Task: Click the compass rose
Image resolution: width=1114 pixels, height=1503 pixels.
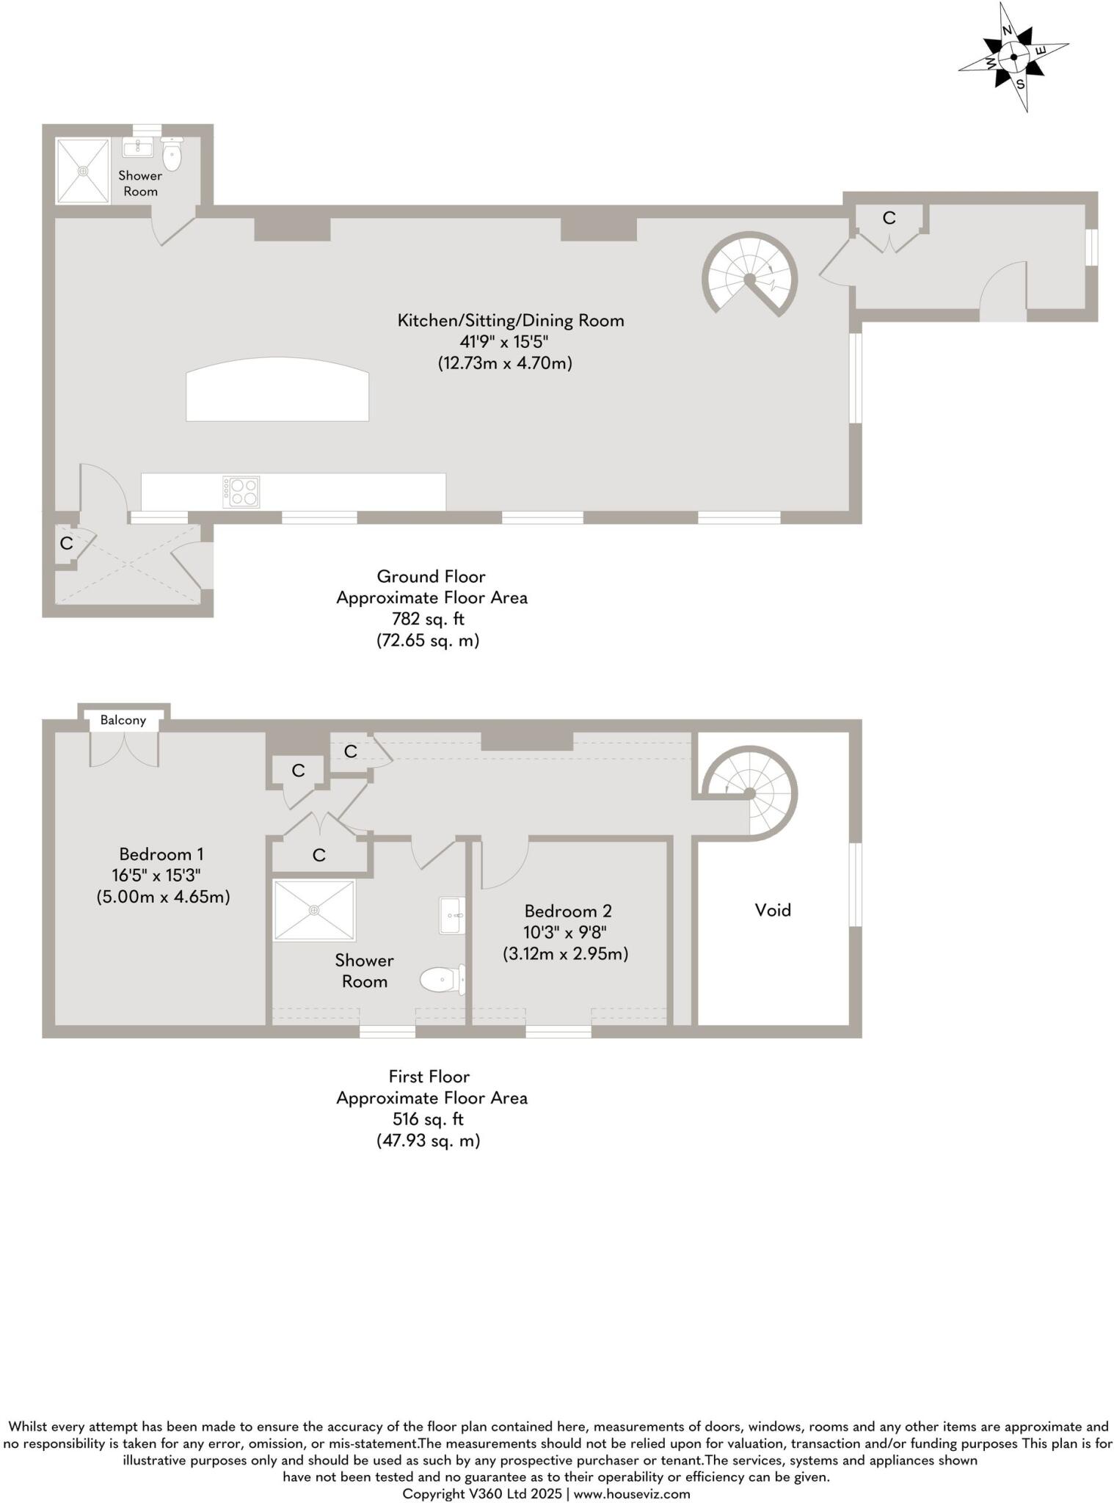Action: (x=1013, y=57)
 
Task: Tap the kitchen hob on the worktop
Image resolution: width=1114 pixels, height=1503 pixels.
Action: (x=241, y=492)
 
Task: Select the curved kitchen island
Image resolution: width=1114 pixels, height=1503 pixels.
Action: (x=277, y=390)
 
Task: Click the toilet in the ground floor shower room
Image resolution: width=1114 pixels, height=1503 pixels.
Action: (x=172, y=153)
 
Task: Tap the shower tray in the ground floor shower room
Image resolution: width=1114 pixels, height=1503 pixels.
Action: (x=84, y=170)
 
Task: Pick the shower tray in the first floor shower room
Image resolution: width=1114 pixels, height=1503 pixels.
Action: (x=314, y=910)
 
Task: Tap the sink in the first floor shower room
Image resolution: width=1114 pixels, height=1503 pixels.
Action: (x=451, y=915)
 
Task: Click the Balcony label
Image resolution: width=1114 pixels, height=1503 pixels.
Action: (x=123, y=720)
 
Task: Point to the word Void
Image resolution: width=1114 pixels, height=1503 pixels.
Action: (x=773, y=910)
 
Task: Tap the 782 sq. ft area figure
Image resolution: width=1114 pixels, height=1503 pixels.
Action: (x=429, y=619)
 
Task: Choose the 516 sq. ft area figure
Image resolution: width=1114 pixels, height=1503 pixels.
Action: (x=429, y=1119)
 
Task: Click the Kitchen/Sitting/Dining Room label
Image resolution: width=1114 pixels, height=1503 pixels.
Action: (x=511, y=320)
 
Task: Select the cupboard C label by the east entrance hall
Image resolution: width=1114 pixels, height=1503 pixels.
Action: (x=889, y=218)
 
